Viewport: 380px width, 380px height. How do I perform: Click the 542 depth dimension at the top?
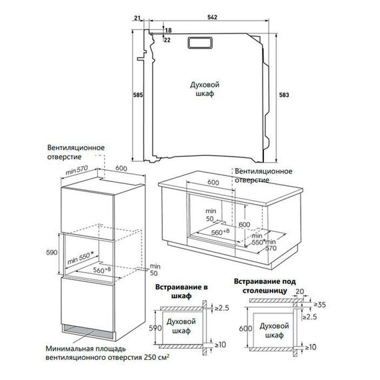212,17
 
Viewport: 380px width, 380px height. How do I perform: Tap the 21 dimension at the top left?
137,18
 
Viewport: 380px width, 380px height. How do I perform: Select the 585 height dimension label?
139,95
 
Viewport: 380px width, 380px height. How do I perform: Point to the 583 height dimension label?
284,95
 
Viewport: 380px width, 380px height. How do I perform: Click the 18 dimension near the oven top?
168,30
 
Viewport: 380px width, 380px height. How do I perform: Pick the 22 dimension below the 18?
167,40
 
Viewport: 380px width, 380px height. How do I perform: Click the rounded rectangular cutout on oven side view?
200,43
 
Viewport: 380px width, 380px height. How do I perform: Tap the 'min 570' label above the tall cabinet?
77,171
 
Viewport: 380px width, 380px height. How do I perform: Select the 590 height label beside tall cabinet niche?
52,252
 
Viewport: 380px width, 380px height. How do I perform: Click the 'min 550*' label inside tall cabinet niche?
81,258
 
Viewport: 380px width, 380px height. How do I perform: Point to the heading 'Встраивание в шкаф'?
181,291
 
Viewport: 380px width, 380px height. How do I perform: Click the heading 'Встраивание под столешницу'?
265,286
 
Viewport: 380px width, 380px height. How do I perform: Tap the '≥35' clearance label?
320,305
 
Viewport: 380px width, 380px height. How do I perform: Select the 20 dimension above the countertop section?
300,291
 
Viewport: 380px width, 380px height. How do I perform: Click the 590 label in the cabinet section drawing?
155,328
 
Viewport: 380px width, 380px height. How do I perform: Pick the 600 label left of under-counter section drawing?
246,329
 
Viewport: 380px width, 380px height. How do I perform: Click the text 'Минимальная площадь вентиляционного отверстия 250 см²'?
107,353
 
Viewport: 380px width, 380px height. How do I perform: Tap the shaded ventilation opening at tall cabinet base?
88,332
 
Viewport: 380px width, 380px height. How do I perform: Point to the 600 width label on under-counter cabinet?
213,183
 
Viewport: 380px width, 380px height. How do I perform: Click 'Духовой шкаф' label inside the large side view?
205,89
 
